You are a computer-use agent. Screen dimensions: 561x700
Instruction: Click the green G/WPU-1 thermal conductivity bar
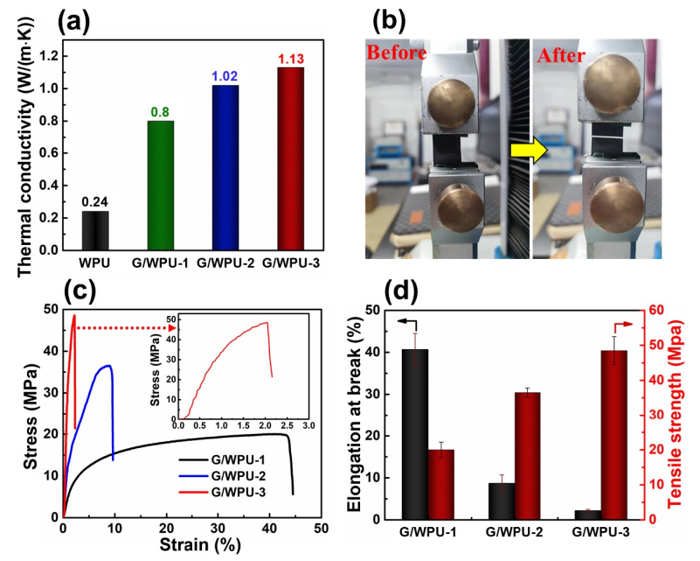click(x=160, y=186)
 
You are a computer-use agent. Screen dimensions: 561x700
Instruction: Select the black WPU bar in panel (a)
click(x=94, y=230)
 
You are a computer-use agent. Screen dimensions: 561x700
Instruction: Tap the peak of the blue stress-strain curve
click(x=107, y=366)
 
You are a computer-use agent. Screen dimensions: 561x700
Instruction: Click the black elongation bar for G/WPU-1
click(x=415, y=434)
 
